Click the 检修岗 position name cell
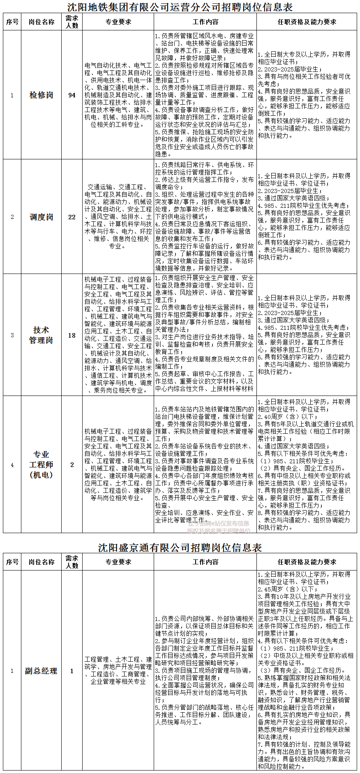[41, 95]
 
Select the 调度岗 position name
[41, 217]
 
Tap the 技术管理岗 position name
[41, 335]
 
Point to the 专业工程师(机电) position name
[41, 465]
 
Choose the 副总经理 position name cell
[41, 671]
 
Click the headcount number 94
[72, 95]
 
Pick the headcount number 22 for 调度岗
[72, 217]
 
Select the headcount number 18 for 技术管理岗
[72, 335]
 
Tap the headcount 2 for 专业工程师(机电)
[72, 465]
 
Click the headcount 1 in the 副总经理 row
[72, 671]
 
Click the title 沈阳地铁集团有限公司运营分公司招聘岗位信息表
[180, 7]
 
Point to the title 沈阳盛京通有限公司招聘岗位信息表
[180, 548]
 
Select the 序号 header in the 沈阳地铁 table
[12, 22]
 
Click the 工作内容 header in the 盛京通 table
[205, 562]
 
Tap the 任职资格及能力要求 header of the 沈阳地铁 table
[307, 22]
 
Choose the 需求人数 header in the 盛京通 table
[72, 562]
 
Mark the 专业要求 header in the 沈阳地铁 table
[118, 22]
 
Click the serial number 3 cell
[12, 335]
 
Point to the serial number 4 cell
[12, 465]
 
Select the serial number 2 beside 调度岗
[12, 217]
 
